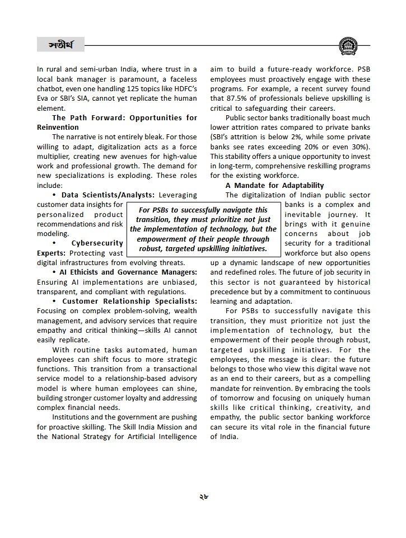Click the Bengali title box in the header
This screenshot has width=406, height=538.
[60, 44]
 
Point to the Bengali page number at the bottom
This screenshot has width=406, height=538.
[203, 495]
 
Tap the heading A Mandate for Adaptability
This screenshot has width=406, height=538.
[274, 185]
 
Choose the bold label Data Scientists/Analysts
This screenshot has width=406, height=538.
[108, 195]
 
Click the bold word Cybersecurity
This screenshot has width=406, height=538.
[97, 243]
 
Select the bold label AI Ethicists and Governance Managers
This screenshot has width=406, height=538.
[128, 272]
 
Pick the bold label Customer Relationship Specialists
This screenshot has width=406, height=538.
[129, 301]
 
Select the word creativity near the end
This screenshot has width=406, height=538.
[323, 408]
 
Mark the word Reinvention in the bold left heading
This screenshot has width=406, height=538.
[58, 128]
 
